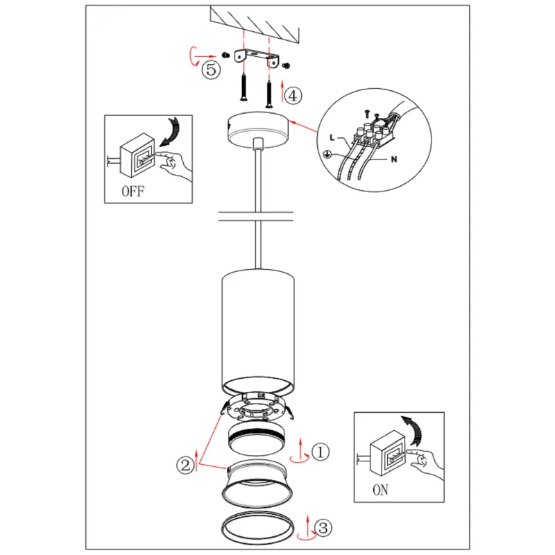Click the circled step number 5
(211, 69)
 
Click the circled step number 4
(293, 96)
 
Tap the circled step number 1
(321, 452)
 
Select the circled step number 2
(185, 465)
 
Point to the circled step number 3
(323, 528)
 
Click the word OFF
(133, 191)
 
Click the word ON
(380, 490)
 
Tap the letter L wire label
(332, 137)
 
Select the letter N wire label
(394, 160)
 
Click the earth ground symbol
(327, 154)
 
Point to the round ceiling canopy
(258, 130)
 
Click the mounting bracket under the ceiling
(257, 57)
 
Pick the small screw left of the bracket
(225, 55)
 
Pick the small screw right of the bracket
(287, 66)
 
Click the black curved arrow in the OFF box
(170, 132)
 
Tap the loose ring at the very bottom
(257, 514)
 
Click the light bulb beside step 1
(257, 439)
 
